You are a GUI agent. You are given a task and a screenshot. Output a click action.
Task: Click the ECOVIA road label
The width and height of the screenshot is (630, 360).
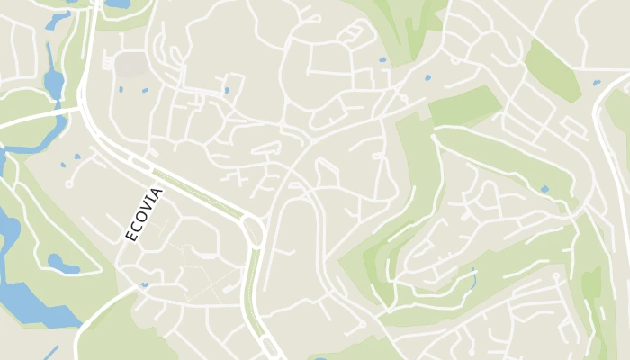click(144, 213)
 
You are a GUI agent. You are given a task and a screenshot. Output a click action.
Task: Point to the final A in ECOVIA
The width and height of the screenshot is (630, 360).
click(158, 193)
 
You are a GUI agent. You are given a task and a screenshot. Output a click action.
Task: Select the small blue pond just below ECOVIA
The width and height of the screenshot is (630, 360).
click(144, 285)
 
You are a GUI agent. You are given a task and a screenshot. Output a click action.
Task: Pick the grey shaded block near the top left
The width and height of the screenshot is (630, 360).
click(130, 64)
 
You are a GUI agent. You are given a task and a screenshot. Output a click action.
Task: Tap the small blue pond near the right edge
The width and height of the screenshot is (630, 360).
click(596, 83)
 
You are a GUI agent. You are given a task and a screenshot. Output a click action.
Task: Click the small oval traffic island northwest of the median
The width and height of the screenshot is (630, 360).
click(139, 163)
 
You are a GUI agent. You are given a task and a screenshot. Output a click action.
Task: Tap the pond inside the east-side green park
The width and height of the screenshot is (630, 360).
click(544, 189)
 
